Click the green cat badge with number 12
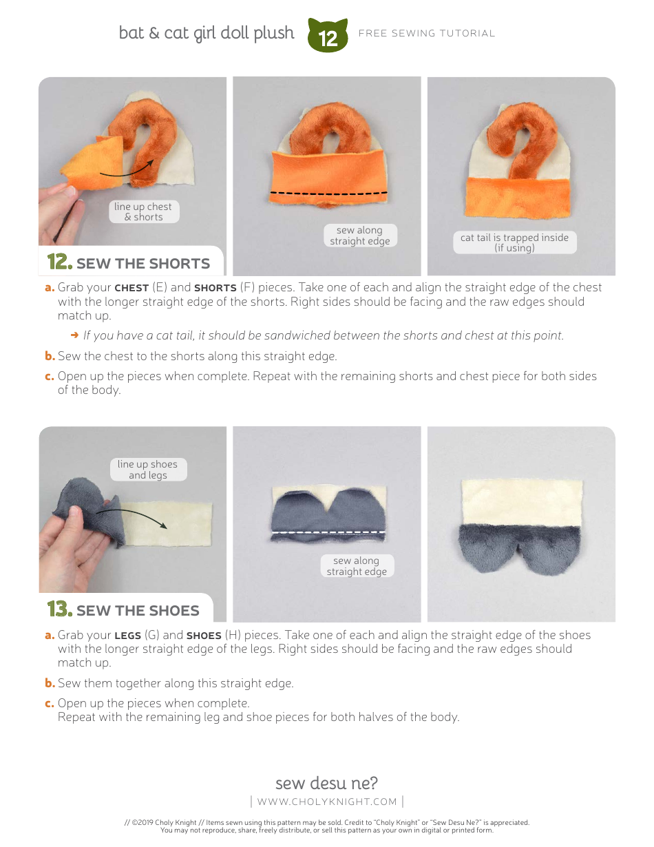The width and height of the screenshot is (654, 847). click(x=328, y=36)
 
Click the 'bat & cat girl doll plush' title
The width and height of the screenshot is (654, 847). click(x=207, y=33)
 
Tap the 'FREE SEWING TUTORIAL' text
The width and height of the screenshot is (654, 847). click(x=427, y=33)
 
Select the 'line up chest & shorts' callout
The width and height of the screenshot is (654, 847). click(x=144, y=211)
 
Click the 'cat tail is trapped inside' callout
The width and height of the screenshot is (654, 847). click(x=514, y=242)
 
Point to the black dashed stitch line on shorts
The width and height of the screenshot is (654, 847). click(x=329, y=193)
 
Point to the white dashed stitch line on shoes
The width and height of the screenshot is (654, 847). click(x=329, y=532)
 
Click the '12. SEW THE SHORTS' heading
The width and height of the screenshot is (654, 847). click(x=129, y=262)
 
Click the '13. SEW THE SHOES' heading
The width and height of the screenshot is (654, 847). click(x=124, y=609)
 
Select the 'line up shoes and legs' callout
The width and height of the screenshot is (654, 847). click(x=147, y=470)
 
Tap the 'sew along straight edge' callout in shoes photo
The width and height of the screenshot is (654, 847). click(x=357, y=566)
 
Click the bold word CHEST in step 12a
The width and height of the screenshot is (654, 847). click(x=131, y=288)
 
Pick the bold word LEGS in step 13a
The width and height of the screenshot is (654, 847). click(x=127, y=635)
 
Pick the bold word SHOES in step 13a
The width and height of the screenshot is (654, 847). click(x=204, y=635)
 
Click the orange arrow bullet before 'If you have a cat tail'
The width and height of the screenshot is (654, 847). click(x=74, y=335)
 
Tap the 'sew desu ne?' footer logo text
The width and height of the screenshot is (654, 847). click(x=326, y=783)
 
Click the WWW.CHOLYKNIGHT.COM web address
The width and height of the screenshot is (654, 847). click(x=327, y=802)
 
